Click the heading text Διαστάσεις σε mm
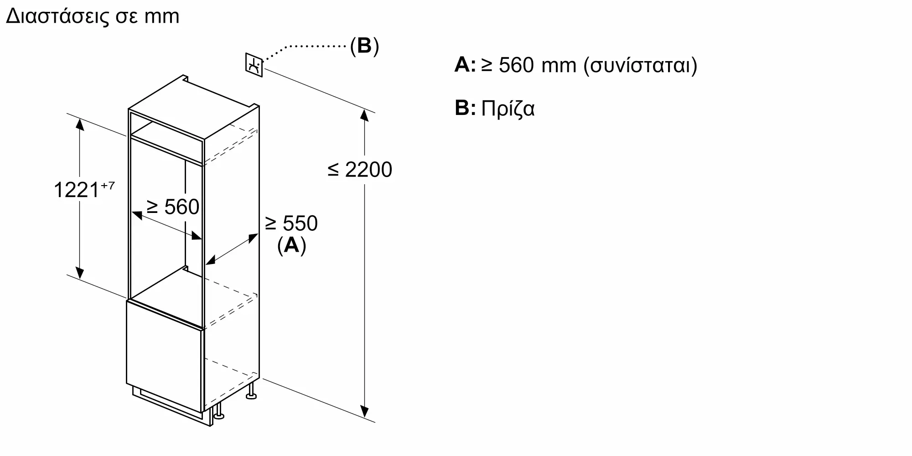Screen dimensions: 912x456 coord(93,16)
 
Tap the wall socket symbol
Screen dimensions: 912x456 coord(254,65)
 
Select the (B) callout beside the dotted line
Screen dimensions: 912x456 coord(364,46)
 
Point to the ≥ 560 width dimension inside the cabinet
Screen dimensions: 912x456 coord(173,207)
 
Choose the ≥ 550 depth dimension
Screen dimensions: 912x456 coord(291,223)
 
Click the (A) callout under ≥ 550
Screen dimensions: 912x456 coord(292,245)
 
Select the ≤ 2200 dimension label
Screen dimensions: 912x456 coord(360,170)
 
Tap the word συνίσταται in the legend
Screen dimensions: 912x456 coord(640,66)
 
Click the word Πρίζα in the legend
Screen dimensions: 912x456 coord(508,109)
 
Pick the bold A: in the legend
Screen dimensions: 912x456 coord(465,65)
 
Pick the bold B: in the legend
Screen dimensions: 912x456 coord(465,108)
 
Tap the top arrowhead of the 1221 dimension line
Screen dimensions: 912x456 coord(80,124)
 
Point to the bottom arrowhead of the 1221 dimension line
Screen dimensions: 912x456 coord(80,272)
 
